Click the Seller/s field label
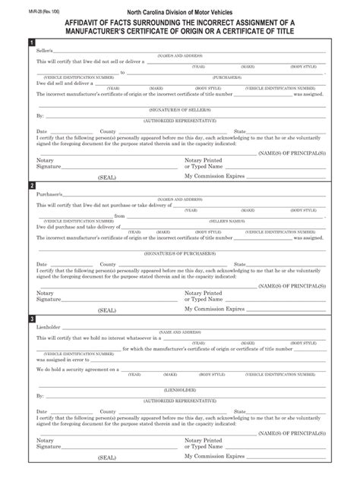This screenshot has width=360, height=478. (x=46, y=52)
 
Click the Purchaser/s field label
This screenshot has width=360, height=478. (x=49, y=194)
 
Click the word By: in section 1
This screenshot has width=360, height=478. (x=40, y=117)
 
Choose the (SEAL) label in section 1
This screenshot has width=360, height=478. (x=107, y=176)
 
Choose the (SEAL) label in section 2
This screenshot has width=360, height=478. (x=107, y=310)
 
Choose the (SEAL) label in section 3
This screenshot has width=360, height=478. (x=107, y=458)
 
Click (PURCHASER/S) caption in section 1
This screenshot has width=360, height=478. (x=227, y=77)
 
